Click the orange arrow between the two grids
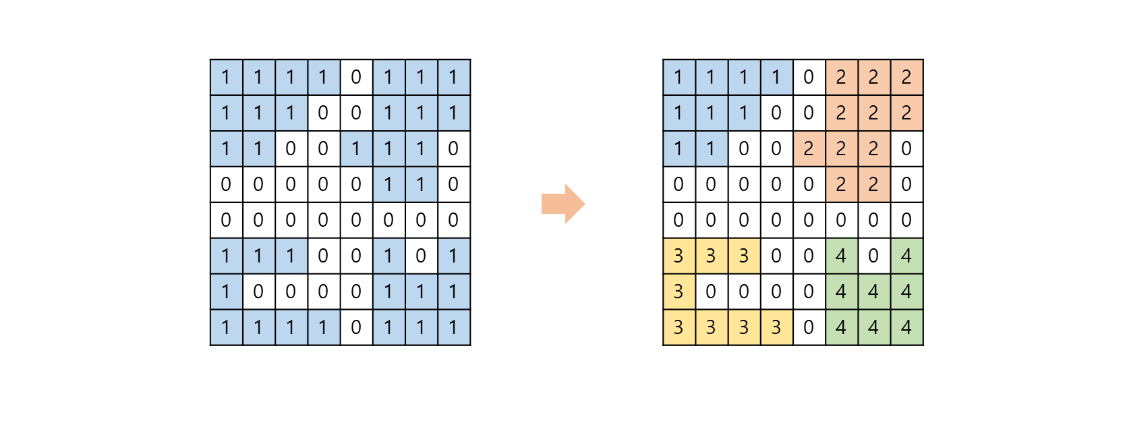click(562, 204)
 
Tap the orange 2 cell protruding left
click(809, 148)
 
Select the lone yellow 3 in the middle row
click(678, 292)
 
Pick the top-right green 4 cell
click(906, 256)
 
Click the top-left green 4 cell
click(841, 256)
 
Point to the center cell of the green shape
click(873, 292)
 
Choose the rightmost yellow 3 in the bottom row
click(776, 327)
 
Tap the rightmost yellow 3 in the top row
click(744, 256)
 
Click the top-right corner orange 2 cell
click(906, 77)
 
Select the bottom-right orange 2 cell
click(873, 184)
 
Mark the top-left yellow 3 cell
click(678, 256)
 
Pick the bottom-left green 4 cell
click(841, 327)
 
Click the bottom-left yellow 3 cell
click(678, 327)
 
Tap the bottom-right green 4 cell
click(906, 327)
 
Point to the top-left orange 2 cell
click(841, 77)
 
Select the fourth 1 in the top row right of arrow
click(776, 77)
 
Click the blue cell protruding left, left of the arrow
click(356, 148)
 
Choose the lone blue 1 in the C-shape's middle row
click(226, 292)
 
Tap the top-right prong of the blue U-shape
click(453, 256)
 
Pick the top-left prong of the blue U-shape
click(388, 256)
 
